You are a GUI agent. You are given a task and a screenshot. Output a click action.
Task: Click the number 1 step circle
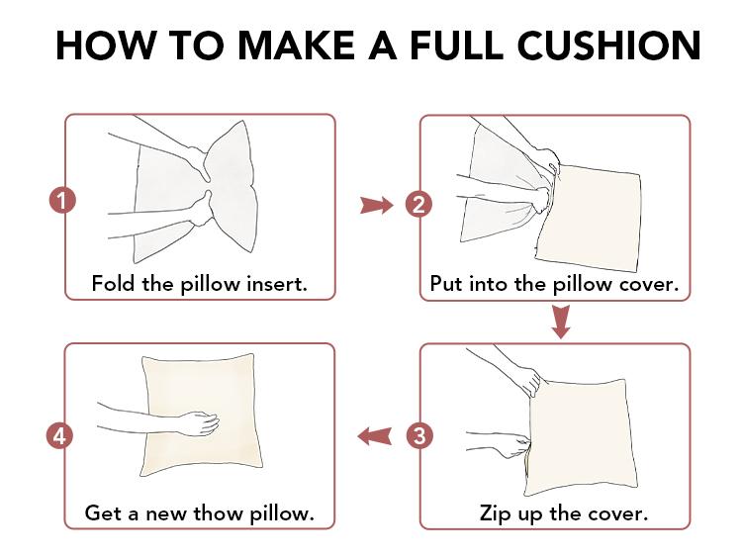point(62,200)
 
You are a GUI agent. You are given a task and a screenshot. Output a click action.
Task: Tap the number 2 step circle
point(418,205)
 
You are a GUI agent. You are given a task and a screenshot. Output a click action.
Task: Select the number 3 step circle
point(419,435)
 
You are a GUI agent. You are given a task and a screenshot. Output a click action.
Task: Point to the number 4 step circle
point(59,435)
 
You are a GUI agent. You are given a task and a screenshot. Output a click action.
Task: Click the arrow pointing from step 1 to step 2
point(376,206)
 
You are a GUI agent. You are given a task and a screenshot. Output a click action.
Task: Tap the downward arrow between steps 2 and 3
point(561,322)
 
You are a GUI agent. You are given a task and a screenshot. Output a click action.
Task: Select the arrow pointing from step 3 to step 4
point(374,436)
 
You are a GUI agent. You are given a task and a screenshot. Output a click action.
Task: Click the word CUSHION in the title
point(609,46)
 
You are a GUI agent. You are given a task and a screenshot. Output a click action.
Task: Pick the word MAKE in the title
point(296,46)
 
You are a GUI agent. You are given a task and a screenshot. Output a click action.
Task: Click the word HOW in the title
point(105,46)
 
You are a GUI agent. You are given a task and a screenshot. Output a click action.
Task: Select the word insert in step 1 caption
point(277,284)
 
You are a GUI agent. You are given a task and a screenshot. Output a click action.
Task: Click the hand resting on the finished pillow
point(199,422)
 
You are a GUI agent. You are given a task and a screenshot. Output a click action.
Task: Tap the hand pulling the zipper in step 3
point(513,447)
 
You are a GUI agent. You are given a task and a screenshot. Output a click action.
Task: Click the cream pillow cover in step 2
point(590,219)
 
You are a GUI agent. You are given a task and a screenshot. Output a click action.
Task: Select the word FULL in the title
point(457,46)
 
